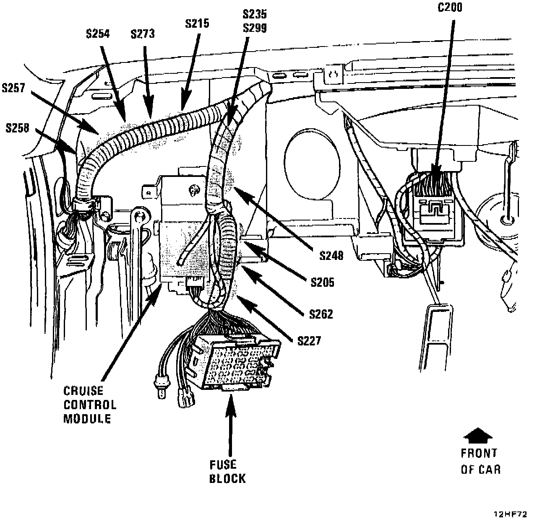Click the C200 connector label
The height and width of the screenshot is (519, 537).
(x=449, y=7)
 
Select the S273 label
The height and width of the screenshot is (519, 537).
(x=142, y=34)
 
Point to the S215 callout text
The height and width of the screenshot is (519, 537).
(x=197, y=23)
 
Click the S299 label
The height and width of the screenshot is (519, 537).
(x=255, y=28)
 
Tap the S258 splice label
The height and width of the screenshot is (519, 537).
(x=18, y=128)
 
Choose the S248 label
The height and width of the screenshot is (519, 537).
(x=331, y=255)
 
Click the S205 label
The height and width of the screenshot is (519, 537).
(x=322, y=282)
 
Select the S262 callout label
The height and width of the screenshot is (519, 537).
(x=321, y=314)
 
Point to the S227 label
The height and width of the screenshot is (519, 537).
(x=309, y=341)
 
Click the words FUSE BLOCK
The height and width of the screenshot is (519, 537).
(x=227, y=471)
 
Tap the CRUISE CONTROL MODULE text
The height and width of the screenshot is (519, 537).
(x=90, y=405)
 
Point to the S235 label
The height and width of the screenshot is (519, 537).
(x=255, y=14)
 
